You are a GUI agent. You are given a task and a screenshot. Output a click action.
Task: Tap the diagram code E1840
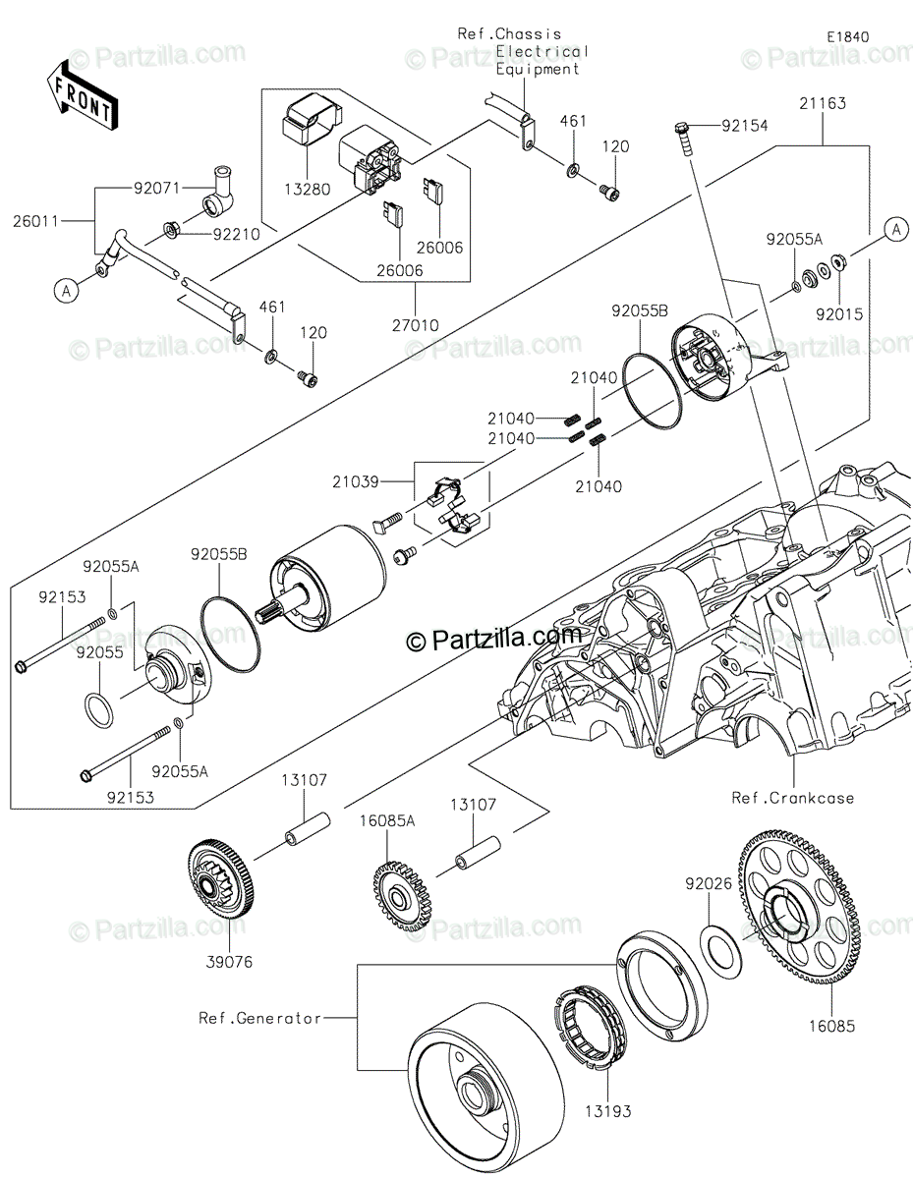pyautogui.click(x=848, y=37)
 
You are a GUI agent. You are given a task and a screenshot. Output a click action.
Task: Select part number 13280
pyautogui.click(x=308, y=190)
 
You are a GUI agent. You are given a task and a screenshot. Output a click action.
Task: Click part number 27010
pyautogui.click(x=416, y=325)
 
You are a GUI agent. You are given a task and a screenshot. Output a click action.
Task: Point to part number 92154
pyautogui.click(x=744, y=126)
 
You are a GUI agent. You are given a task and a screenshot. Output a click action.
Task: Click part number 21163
pyautogui.click(x=823, y=103)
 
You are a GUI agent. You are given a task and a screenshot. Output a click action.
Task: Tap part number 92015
pyautogui.click(x=839, y=314)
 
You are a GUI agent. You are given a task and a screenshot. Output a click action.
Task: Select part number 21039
pyautogui.click(x=356, y=481)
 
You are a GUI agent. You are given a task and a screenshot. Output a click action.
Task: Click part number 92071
pyautogui.click(x=157, y=189)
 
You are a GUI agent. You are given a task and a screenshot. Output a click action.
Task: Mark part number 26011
pyautogui.click(x=35, y=221)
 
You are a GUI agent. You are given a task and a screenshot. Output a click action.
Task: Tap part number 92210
pyautogui.click(x=237, y=235)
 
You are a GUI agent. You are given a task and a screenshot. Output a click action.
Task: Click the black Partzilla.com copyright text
pyautogui.click(x=493, y=642)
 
